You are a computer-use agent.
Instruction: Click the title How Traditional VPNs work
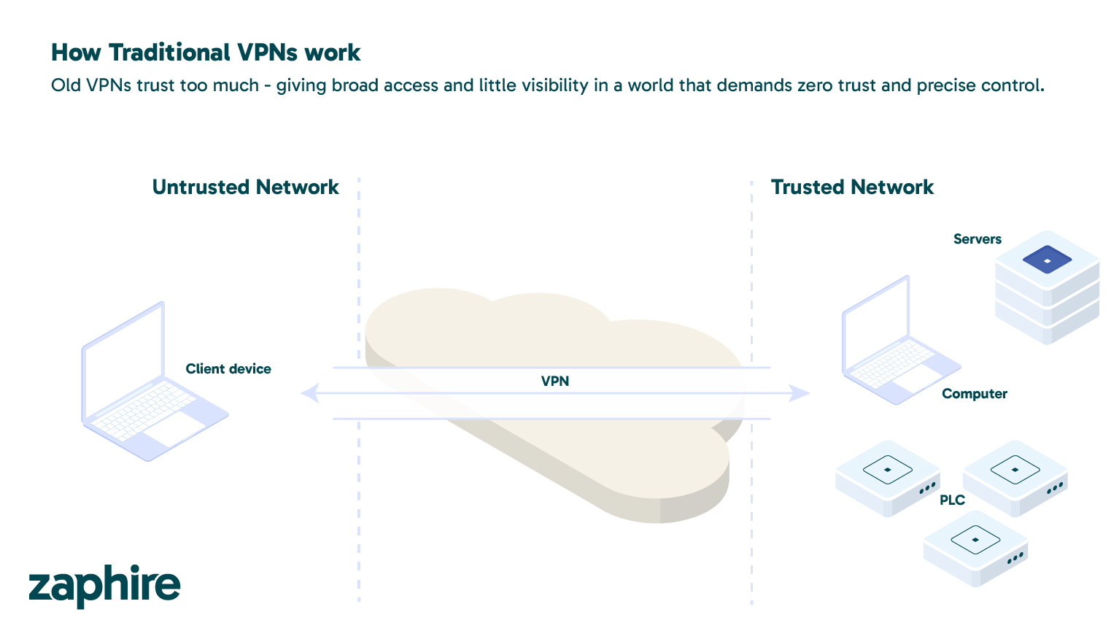[206, 53]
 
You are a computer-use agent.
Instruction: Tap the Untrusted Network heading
[245, 187]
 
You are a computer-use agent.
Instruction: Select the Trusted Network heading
[852, 187]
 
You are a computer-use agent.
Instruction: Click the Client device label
[228, 369]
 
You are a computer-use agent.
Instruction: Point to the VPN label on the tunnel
[555, 381]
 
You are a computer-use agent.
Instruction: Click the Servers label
[977, 239]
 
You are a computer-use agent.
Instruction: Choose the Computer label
[974, 394]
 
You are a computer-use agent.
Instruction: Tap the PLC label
[952, 500]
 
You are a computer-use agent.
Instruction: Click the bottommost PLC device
[975, 547]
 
